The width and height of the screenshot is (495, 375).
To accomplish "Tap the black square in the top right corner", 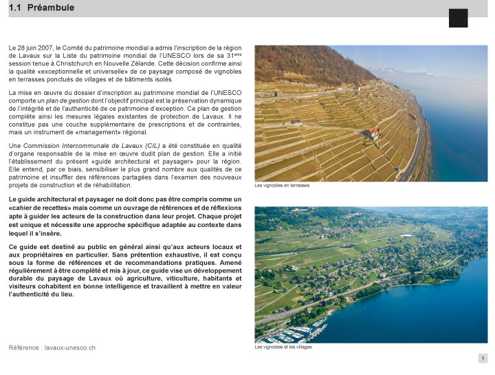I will [x=458, y=18].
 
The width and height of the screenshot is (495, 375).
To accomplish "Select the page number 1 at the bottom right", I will [x=483, y=358].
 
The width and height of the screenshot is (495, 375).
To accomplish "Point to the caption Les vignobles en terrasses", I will [x=282, y=185].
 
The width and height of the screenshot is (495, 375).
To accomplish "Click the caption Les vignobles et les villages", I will [x=283, y=347].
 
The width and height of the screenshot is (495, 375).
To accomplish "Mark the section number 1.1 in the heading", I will [x=15, y=8].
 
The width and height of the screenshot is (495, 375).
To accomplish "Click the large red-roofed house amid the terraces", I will [x=374, y=132].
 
